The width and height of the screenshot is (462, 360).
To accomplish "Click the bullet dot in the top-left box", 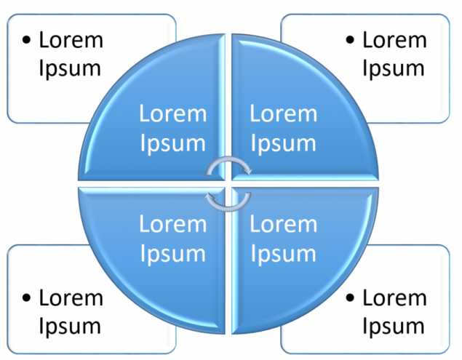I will point(27,40).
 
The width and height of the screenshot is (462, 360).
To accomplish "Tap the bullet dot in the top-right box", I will point(351,40).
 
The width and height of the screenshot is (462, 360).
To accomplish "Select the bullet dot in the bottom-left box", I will point(27,297).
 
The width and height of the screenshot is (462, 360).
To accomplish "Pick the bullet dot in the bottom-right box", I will point(351,297).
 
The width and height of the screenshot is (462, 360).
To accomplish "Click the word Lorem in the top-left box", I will point(71,39).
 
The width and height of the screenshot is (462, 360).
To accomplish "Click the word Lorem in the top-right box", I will point(394,39).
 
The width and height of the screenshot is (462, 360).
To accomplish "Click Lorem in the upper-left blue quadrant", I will point(173,114).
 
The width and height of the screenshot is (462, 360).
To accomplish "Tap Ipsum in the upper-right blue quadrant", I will point(283,143).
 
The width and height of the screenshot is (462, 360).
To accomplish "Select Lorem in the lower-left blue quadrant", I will point(173,224).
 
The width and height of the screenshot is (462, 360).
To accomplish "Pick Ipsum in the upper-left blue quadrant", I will point(172,143).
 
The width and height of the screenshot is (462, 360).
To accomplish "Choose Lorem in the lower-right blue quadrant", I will point(284,224).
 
